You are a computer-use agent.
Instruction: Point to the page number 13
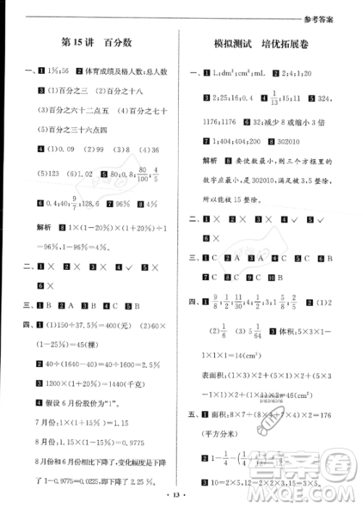click(181, 495)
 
